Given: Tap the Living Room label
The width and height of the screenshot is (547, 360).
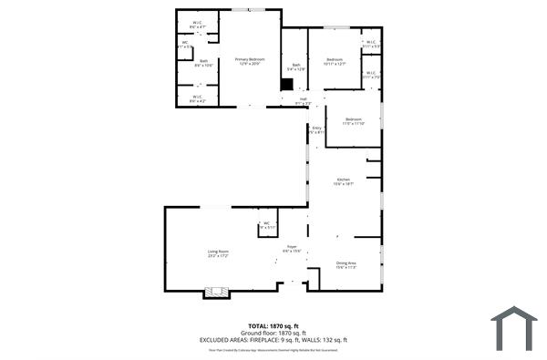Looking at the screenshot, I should [x=217, y=253].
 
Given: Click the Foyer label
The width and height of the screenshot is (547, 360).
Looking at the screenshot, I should [x=292, y=248].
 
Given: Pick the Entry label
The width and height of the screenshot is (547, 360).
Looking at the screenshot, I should [x=316, y=129].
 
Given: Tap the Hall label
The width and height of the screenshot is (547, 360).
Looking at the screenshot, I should [x=304, y=101].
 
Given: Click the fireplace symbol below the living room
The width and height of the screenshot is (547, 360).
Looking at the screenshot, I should [x=215, y=292].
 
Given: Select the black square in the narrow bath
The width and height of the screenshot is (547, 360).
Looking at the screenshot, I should [x=286, y=84].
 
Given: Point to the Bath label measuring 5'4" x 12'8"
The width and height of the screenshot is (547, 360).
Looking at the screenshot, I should [x=296, y=66].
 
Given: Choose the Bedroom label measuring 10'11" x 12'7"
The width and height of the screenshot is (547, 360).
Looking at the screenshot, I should [x=335, y=61].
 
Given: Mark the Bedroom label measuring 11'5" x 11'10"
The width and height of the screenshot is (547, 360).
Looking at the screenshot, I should [x=353, y=120].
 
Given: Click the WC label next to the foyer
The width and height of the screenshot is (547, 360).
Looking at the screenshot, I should [x=267, y=224].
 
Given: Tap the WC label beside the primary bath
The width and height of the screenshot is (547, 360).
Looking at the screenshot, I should [x=184, y=43].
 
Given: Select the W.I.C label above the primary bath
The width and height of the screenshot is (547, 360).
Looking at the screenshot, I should [x=197, y=25].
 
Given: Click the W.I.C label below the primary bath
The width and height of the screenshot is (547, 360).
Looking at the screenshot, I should [x=197, y=98].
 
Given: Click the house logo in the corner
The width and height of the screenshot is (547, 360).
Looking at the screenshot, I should [x=513, y=328].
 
